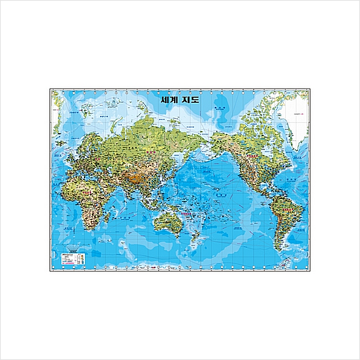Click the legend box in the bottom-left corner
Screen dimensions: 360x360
coord(72,257)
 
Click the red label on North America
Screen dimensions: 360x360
coord(251,156)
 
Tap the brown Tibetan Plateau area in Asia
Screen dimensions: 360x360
coord(132,165)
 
